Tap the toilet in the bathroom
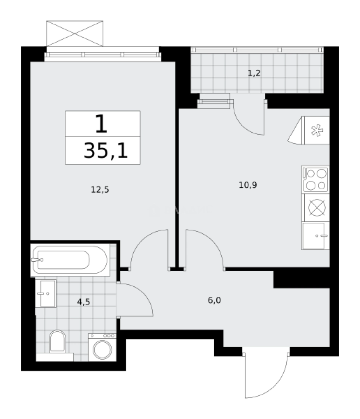[x=57, y=341]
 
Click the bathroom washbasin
[x=46, y=293]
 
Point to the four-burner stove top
[x=315, y=179]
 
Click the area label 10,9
[x=248, y=185]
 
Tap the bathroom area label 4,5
[x=84, y=301]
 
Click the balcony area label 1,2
[x=254, y=73]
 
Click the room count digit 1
[x=102, y=124]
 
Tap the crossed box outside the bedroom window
[x=75, y=33]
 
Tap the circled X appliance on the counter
[x=315, y=208]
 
